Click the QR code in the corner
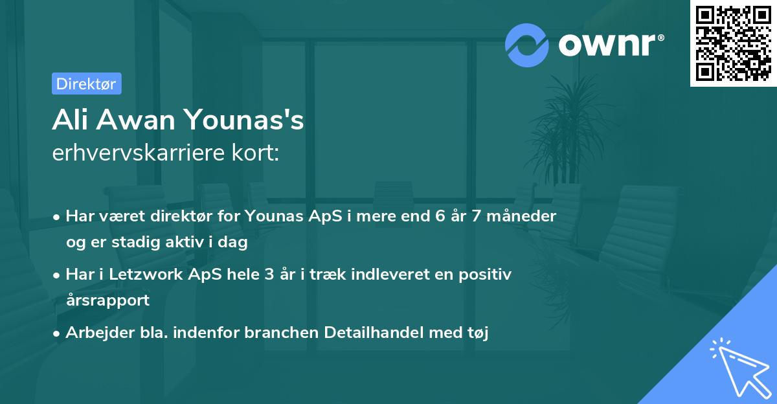pos(733,43)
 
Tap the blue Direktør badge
pos(86,84)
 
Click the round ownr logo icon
pos(527,45)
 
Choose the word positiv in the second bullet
pos(489,275)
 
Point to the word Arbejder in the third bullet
pos(93,333)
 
